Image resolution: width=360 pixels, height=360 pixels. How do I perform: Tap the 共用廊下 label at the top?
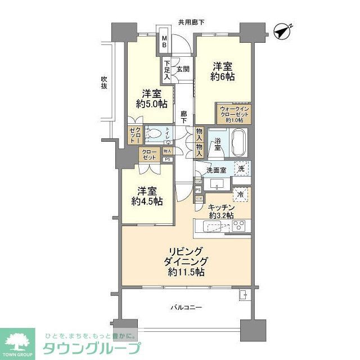[x=191, y=22]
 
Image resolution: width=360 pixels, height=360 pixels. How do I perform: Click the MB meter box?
[x=165, y=42]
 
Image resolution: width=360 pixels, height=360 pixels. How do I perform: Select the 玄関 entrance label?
[x=182, y=69]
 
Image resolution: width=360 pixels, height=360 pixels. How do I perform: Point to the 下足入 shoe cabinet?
[x=167, y=70]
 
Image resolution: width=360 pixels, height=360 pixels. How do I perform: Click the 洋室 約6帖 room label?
[x=223, y=71]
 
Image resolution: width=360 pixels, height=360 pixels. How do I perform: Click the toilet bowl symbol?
[x=157, y=135]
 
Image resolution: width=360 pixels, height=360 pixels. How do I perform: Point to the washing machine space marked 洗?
[x=241, y=168]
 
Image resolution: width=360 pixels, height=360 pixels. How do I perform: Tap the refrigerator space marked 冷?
[x=240, y=195]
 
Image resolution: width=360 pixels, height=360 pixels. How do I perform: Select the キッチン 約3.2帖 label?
[x=221, y=210]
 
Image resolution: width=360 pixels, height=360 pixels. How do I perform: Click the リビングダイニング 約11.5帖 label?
[x=184, y=261]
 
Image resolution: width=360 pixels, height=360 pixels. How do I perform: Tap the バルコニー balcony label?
[x=186, y=307]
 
